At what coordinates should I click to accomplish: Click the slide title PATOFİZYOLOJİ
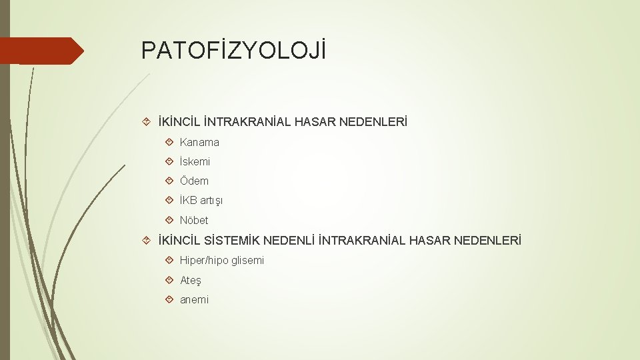pos(233,51)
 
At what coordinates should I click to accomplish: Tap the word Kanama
pos(199,142)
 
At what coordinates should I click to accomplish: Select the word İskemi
pos(195,161)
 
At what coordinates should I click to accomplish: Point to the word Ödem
pos(194,181)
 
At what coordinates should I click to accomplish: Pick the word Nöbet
pos(194,220)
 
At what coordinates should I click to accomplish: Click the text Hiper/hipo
pos(204,260)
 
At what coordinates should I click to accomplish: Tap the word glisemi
pos(247,260)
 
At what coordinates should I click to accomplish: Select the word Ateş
pos(191,280)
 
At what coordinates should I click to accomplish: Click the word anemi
pos(194,300)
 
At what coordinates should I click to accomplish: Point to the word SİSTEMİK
pos(232,239)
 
